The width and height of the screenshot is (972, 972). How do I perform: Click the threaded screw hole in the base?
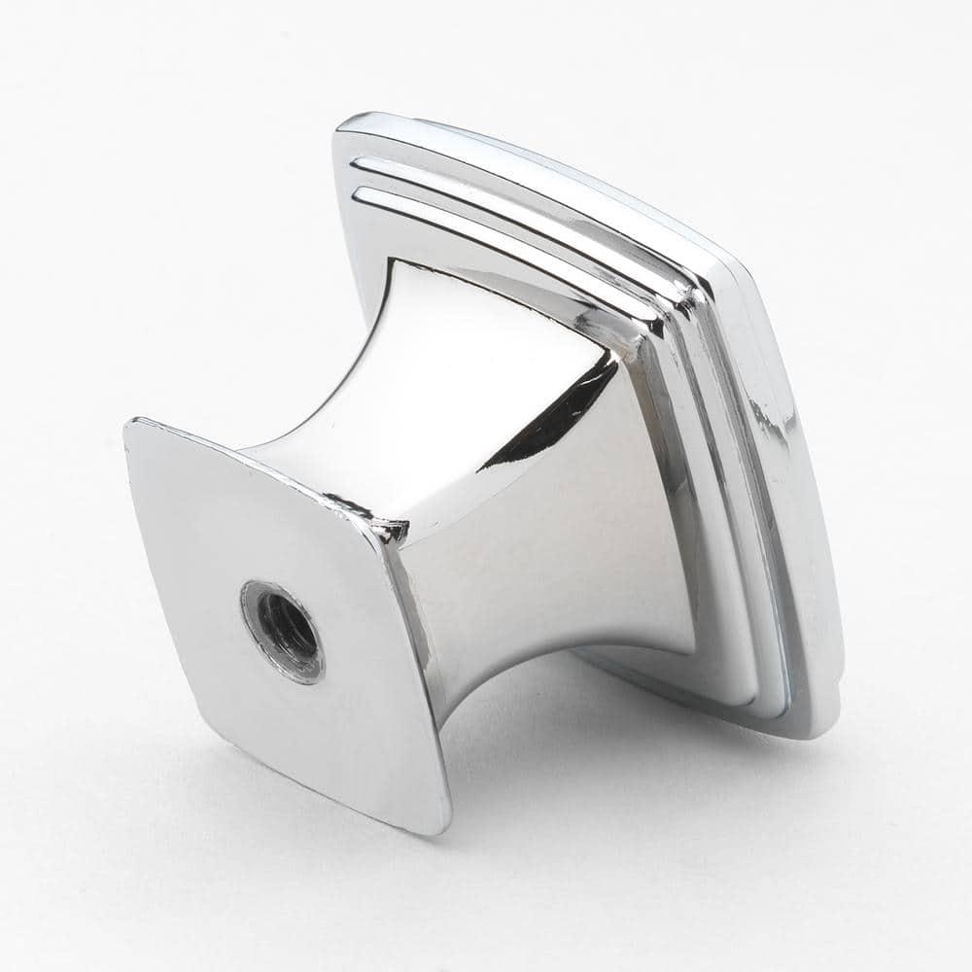(x=285, y=631)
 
